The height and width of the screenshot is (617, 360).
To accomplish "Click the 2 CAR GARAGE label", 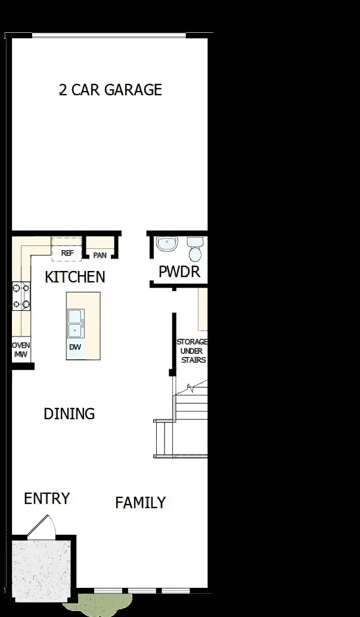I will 110,90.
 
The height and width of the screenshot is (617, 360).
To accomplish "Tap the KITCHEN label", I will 75,277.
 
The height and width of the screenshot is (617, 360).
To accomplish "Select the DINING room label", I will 69,413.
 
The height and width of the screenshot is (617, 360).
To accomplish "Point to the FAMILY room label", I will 140,503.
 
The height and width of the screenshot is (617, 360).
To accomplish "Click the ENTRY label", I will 46,498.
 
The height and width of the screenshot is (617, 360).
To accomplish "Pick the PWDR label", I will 179,272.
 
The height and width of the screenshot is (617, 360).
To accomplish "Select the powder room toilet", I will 195,250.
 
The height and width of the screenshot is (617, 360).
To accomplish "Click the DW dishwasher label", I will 75,347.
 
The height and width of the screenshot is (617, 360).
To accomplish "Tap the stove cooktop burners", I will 21,297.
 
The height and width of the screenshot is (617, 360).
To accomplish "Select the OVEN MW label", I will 21,350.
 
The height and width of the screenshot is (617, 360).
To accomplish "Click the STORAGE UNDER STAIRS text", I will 191,351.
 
